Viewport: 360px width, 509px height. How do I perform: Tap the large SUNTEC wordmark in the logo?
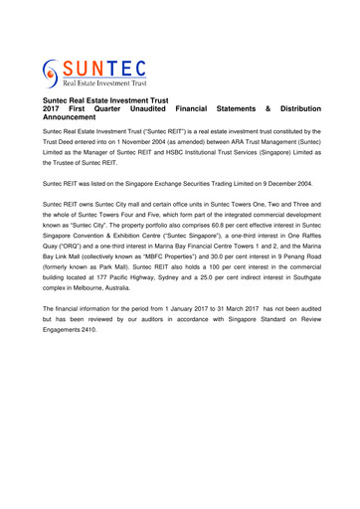pyautogui.click(x=105, y=67)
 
